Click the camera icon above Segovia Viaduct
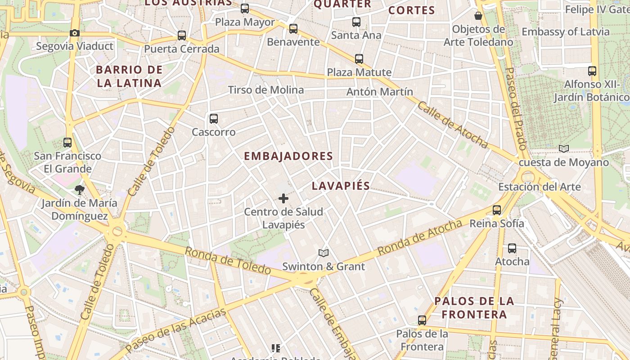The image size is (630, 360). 75,33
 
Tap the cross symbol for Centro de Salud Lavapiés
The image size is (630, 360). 283,198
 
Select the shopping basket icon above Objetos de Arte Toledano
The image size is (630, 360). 478,16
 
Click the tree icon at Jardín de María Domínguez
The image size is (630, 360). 80,189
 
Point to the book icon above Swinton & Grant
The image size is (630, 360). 324,253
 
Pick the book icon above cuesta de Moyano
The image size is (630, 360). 563,148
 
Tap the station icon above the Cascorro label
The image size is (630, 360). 214,119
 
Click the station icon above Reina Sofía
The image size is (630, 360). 497,210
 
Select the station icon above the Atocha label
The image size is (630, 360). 512,248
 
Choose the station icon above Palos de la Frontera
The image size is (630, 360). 422,320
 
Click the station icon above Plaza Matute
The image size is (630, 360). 359,58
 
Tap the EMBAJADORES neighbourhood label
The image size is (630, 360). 288,156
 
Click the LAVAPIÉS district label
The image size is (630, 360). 341,186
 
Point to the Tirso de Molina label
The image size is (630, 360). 266,90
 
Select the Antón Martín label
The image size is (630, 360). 380,92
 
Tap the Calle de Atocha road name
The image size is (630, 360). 452,125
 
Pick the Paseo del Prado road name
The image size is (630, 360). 516,108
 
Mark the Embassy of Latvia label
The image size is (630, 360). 566,32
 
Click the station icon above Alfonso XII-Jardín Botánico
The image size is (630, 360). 592,71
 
